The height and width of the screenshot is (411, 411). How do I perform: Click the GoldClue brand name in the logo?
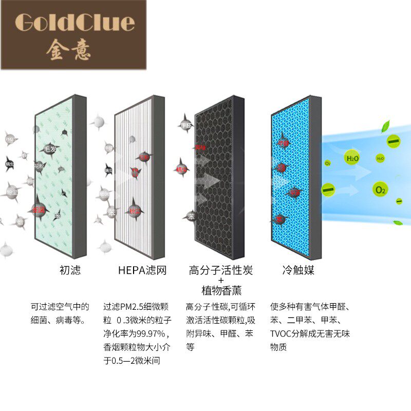tap(75, 22)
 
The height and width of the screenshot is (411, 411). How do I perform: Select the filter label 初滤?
tap(70, 270)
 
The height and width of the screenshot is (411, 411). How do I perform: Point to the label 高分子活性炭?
tap(221, 270)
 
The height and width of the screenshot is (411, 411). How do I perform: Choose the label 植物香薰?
tap(221, 291)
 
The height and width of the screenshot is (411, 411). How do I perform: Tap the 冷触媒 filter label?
tap(298, 270)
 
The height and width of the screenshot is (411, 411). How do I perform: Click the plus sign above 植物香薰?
tap(221, 281)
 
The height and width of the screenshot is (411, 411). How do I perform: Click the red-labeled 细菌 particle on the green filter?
tap(39, 210)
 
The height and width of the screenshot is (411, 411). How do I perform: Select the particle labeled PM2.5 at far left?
tap(10, 139)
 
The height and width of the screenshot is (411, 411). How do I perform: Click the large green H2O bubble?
tap(352, 158)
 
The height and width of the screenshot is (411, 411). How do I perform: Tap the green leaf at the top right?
tap(385, 126)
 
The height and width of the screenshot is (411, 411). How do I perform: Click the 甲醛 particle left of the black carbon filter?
tap(185, 125)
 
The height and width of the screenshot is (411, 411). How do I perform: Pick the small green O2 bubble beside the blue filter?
tap(328, 163)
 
